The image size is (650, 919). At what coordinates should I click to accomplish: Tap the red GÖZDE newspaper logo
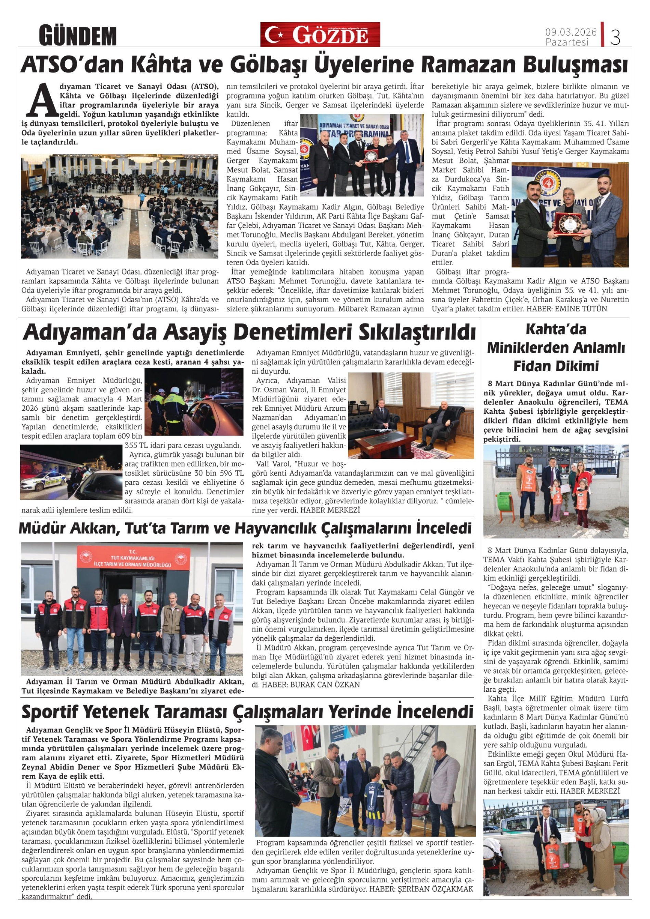320,35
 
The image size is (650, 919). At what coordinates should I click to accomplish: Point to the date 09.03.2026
571,32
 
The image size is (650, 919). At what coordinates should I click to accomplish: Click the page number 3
615,38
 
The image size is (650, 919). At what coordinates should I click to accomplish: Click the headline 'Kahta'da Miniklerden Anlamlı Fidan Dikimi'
556,347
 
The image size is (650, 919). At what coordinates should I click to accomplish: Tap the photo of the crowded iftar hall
119,206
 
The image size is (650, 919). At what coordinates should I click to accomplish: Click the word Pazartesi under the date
567,42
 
